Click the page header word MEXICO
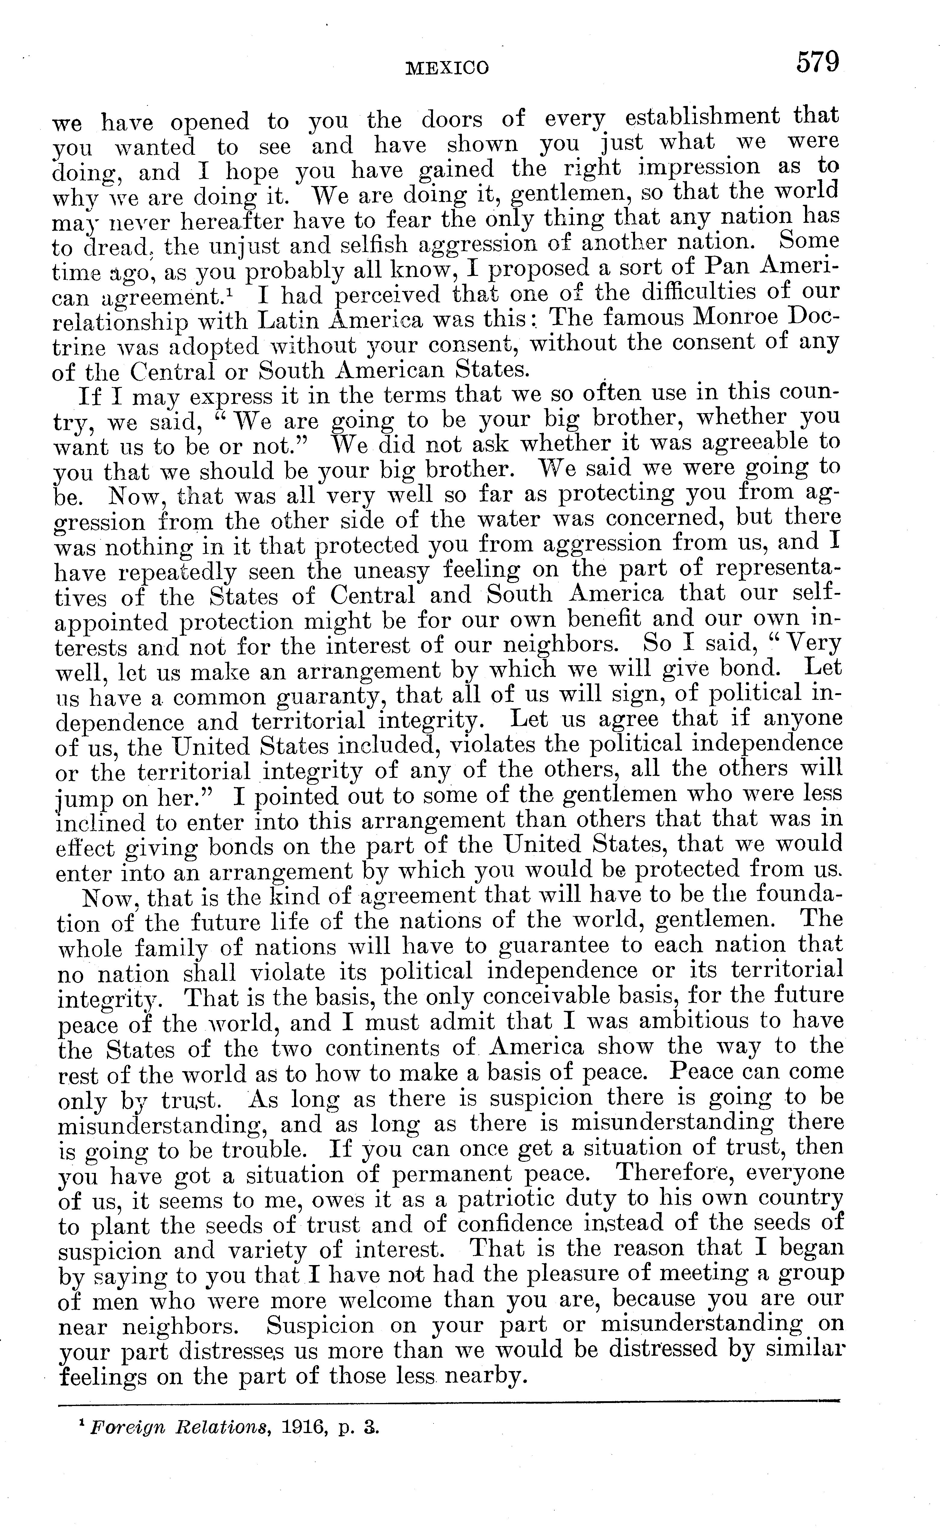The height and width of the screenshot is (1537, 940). tap(447, 67)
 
